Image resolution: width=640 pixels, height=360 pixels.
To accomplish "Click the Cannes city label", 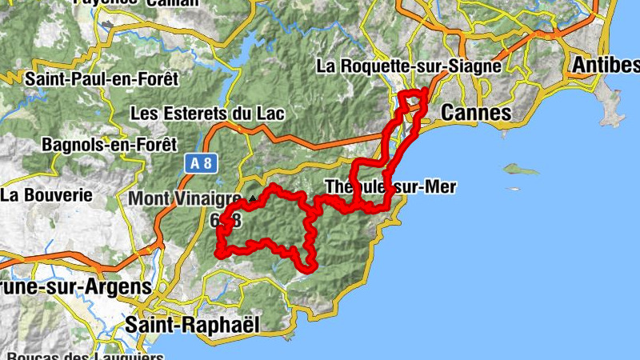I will (x=476, y=114).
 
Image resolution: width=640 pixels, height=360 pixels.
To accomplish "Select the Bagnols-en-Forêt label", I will (x=110, y=145).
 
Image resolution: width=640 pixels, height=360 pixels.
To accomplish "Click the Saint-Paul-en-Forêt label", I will (x=102, y=79).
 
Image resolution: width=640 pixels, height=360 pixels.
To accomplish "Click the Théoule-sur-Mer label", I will (x=390, y=187).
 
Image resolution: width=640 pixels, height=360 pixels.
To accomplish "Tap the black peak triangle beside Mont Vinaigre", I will (x=252, y=196).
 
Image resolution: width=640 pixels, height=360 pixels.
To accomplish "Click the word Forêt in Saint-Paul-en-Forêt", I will (x=158, y=79).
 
